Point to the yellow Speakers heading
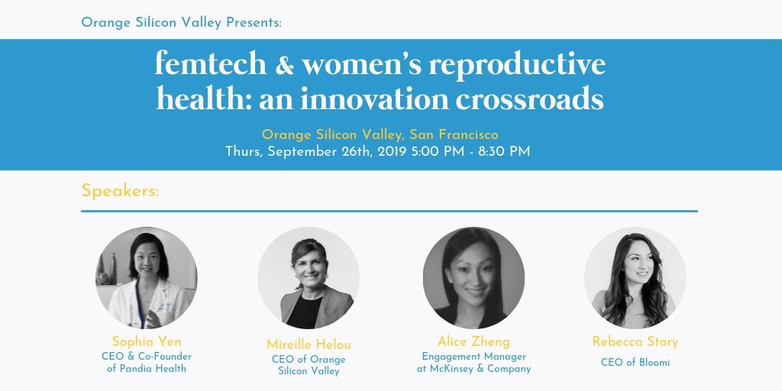coord(120,191)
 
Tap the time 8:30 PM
coord(504,151)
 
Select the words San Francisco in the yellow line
coord(454,134)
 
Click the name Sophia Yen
coord(146,341)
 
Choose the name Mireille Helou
coord(309,344)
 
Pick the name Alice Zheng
coord(473,341)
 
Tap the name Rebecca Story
coord(635,341)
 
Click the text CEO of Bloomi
coord(635,363)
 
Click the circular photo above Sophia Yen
coord(147,278)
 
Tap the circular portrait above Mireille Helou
coord(309,278)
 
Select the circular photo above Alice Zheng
coord(473,278)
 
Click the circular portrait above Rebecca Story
coord(635,278)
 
